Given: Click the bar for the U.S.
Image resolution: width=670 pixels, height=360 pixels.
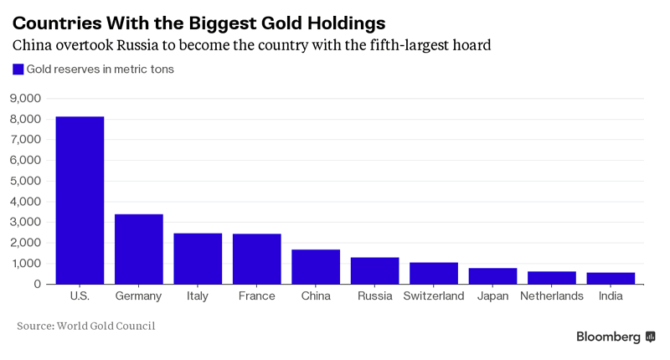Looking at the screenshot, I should [x=80, y=201].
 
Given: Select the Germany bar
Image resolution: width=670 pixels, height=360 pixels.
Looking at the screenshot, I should [x=138, y=249].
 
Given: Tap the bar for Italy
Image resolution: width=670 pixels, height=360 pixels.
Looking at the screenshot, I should [x=198, y=259].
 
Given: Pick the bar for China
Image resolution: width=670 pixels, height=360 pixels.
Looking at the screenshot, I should [x=316, y=267].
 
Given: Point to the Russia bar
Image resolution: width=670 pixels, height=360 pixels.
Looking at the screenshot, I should [x=374, y=271].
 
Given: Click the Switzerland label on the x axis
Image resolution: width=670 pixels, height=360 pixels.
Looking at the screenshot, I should [x=434, y=296].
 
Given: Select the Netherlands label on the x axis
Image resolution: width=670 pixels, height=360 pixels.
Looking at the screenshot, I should [x=551, y=296].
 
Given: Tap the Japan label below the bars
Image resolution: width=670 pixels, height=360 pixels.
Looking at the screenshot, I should [x=492, y=296].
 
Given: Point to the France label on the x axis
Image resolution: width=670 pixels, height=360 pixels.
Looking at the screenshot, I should [x=256, y=296].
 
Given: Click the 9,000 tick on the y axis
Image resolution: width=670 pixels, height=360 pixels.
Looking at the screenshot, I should [x=25, y=99].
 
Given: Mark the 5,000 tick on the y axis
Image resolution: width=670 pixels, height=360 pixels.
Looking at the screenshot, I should [x=25, y=181].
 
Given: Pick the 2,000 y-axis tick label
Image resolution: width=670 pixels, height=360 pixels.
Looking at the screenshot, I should [x=25, y=243].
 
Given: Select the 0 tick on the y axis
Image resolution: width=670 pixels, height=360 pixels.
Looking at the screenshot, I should [x=37, y=284].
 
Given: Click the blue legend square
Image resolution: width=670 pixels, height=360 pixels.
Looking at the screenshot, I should [x=18, y=69].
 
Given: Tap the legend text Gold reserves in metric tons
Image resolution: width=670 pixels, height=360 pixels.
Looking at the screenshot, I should [x=100, y=69].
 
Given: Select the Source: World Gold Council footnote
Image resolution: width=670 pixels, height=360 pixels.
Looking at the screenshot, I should [x=86, y=326].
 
